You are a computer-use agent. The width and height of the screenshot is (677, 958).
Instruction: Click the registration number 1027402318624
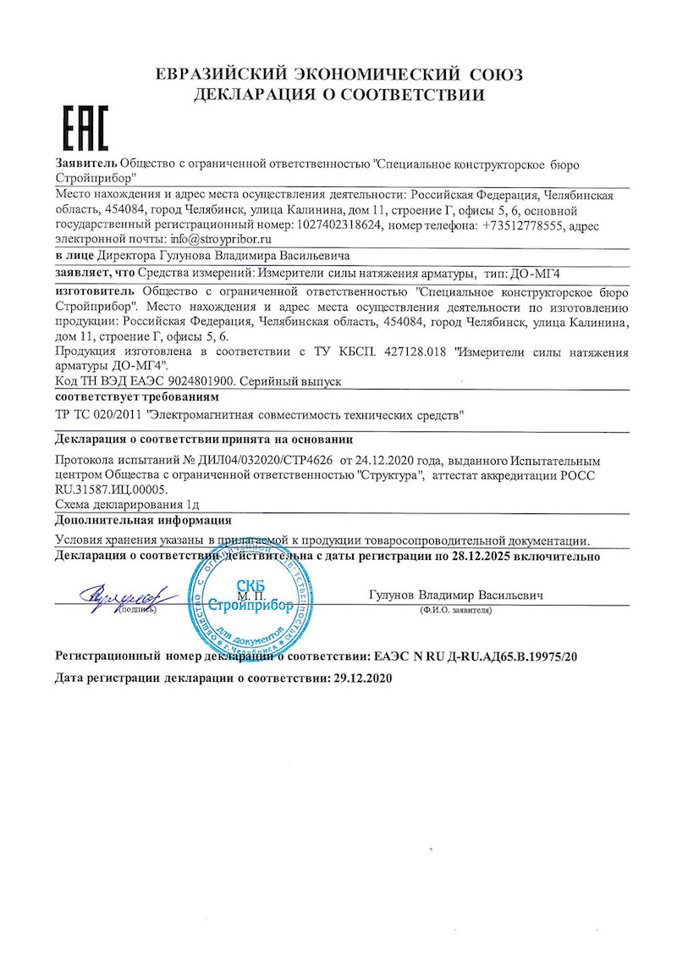[342, 226]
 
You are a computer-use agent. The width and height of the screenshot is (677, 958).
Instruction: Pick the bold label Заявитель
[85, 163]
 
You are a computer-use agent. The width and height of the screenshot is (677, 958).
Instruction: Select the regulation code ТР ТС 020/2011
[97, 415]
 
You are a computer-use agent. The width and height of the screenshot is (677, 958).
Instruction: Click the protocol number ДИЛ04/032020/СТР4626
[263, 459]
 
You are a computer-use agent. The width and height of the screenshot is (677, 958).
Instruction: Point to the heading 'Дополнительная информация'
[143, 520]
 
